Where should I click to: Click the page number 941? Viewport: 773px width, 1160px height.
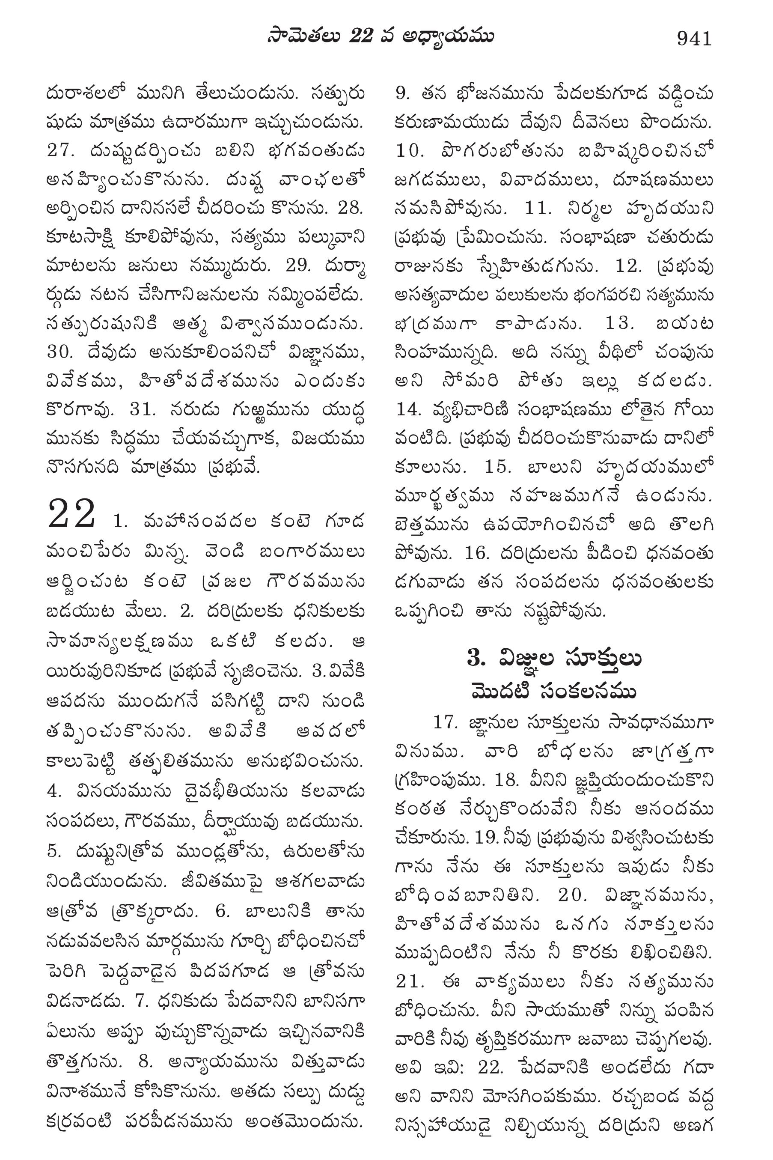click(695, 38)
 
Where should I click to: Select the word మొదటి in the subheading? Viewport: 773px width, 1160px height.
click(499, 691)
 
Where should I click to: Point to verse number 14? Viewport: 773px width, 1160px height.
click(410, 409)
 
